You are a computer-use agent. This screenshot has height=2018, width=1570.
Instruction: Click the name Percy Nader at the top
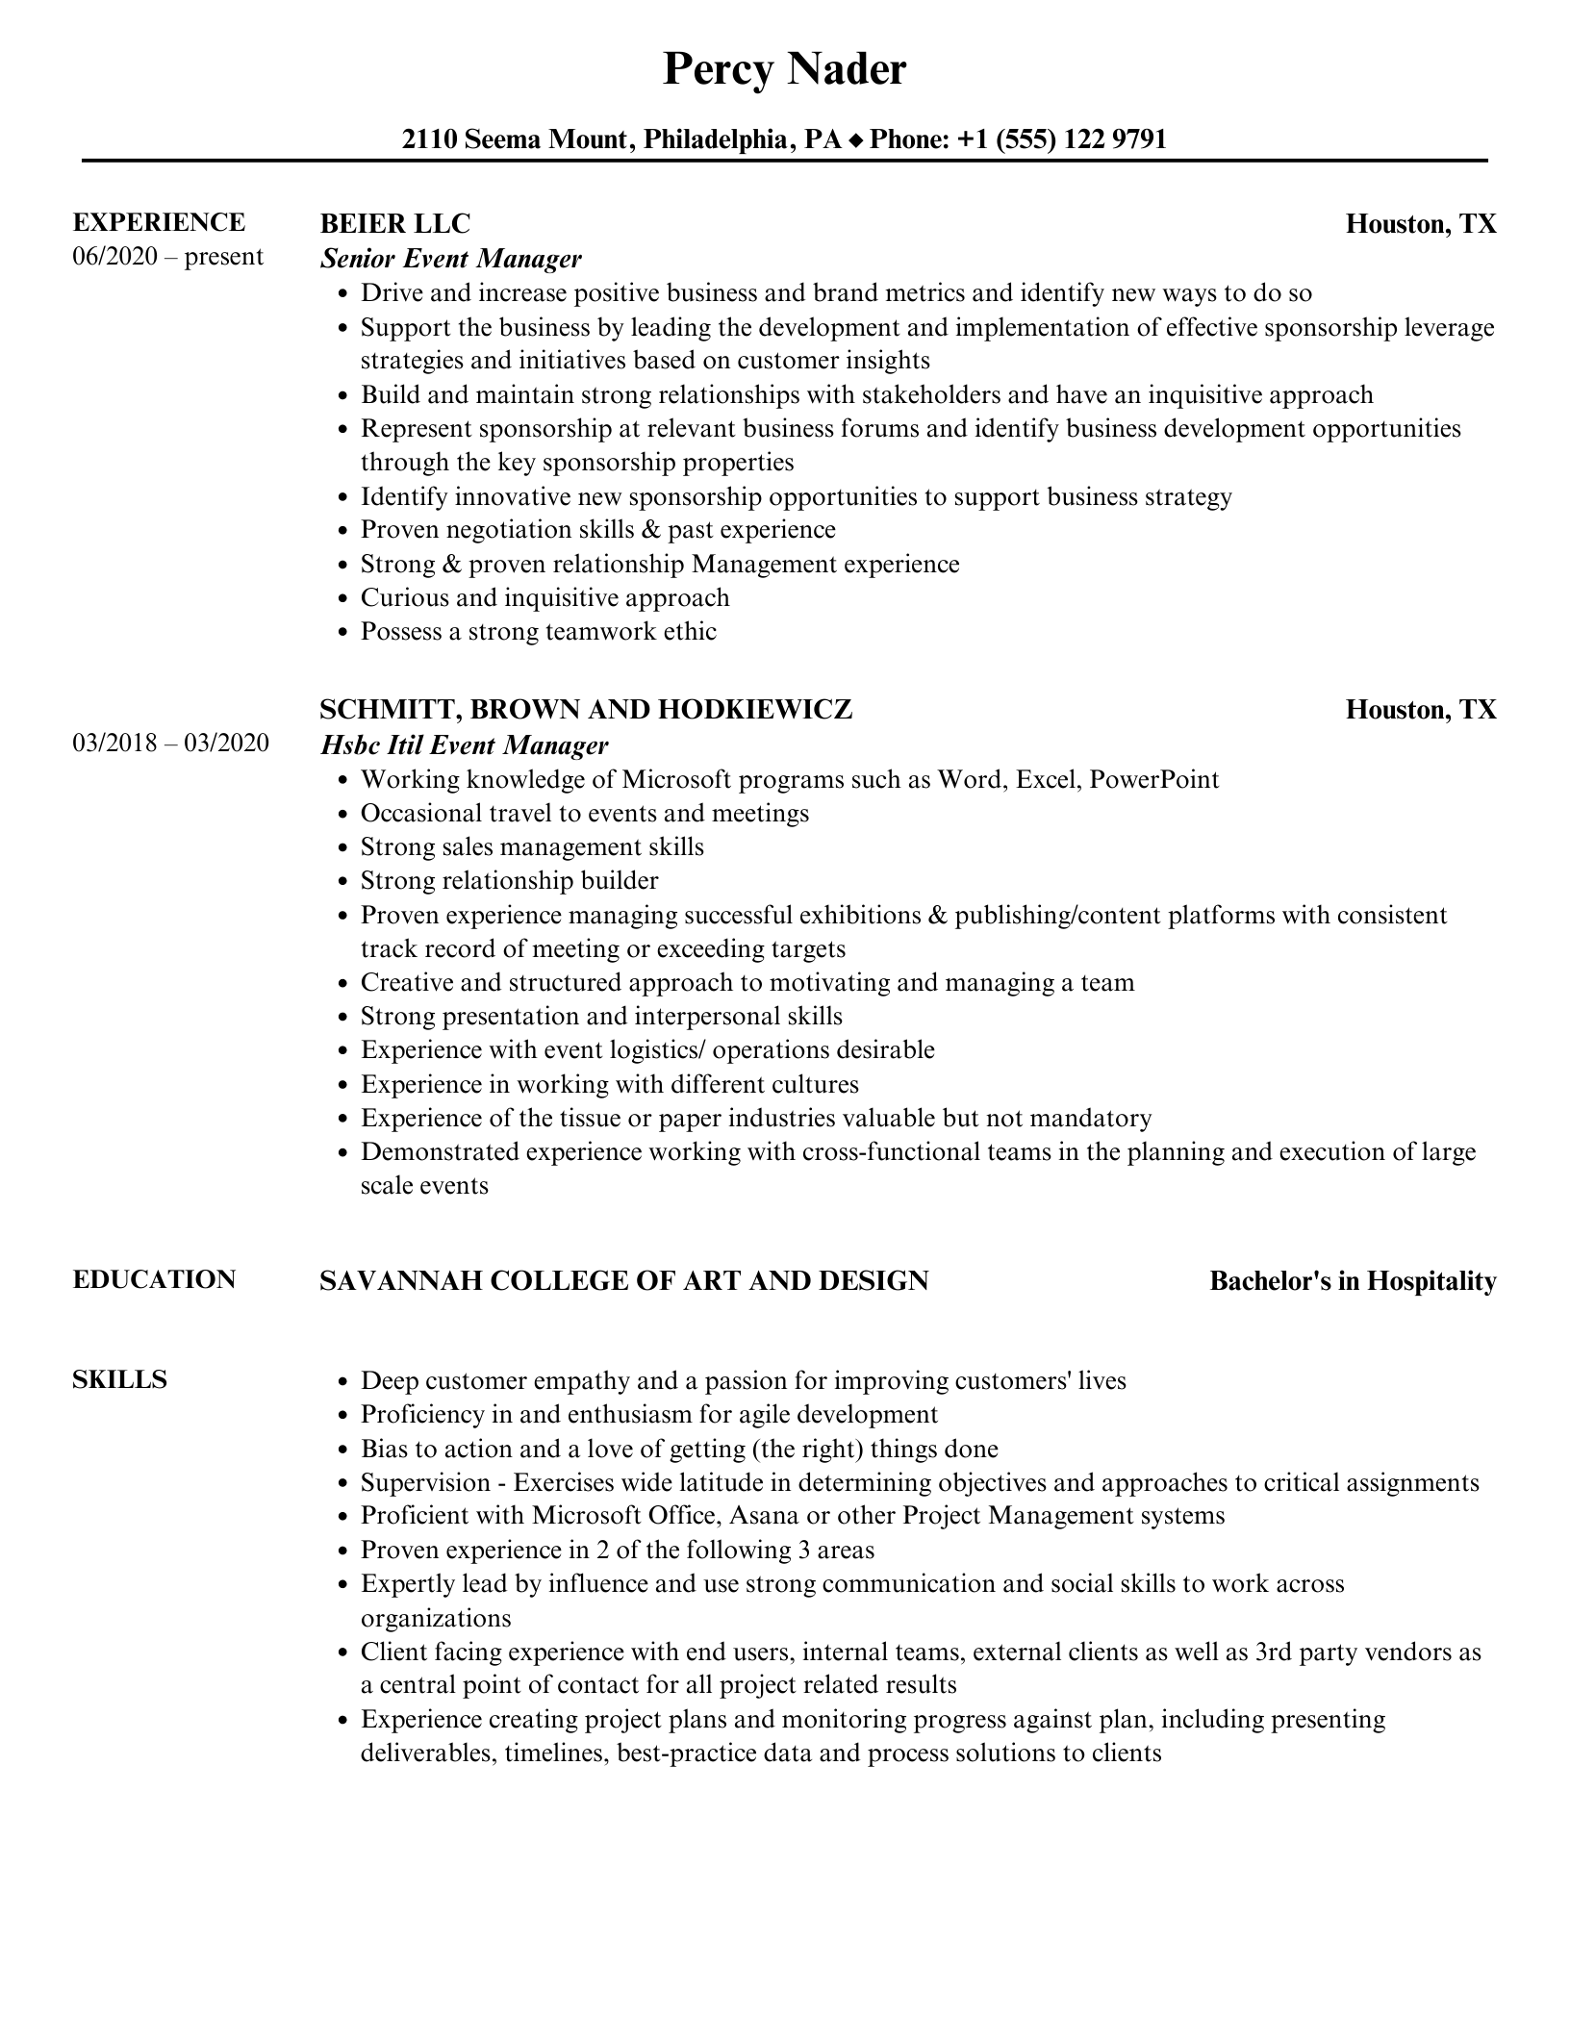pos(784,70)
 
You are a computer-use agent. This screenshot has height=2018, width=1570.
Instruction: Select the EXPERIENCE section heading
pos(159,222)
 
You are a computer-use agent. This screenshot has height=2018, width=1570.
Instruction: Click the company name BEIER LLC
pos(394,224)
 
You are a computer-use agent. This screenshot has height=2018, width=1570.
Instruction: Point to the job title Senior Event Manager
pos(451,259)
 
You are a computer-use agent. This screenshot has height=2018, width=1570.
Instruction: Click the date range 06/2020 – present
pos(167,257)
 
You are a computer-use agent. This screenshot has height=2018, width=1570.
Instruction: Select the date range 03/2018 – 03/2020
pos(170,744)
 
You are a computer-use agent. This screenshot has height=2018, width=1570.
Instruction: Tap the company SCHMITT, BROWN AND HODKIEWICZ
pos(586,710)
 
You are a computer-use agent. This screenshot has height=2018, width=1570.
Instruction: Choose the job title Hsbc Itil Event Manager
pos(465,745)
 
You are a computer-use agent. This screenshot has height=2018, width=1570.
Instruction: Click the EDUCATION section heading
pos(154,1279)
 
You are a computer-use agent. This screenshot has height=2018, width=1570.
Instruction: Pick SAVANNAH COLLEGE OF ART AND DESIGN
pos(623,1281)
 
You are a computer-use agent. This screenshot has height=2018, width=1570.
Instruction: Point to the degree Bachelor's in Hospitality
pos(1353,1281)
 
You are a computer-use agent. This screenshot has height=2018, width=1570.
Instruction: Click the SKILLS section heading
pos(119,1379)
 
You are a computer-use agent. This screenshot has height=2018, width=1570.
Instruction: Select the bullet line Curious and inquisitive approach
pos(544,598)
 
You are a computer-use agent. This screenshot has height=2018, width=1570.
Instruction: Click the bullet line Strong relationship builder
pos(509,881)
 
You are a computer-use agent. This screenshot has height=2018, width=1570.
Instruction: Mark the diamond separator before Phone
pos(856,141)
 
